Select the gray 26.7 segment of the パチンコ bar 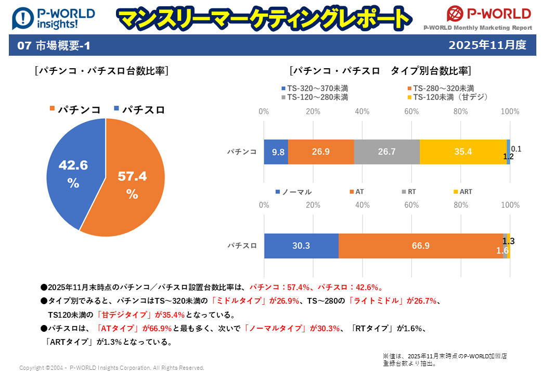[x=387, y=152]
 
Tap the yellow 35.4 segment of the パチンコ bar [x=463, y=152]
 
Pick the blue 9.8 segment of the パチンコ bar [x=276, y=152]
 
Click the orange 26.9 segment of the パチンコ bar [x=321, y=152]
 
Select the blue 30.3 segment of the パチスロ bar [x=301, y=246]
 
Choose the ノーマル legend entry [x=295, y=192]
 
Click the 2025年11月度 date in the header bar [x=487, y=45]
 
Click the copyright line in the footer [x=112, y=368]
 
